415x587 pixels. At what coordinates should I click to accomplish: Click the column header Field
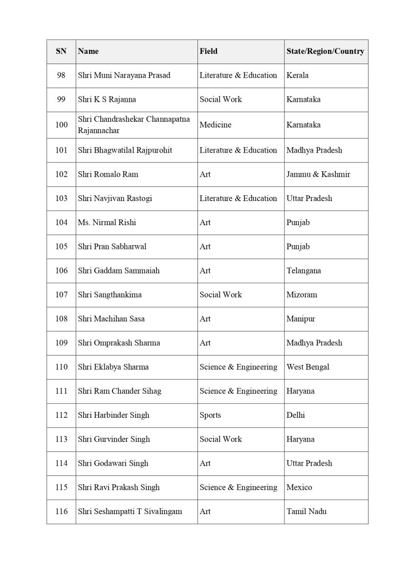point(209,51)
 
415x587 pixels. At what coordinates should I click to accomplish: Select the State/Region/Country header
point(325,51)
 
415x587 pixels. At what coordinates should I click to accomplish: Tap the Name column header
point(88,51)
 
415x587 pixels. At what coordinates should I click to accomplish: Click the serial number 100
point(62,125)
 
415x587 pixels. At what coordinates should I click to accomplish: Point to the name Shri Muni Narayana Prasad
point(124,75)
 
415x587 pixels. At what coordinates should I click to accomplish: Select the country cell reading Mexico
point(299,487)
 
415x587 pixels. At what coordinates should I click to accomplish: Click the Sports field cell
point(210,415)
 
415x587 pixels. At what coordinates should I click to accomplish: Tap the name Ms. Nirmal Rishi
point(107,222)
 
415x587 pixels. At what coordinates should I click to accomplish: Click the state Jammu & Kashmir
point(318,174)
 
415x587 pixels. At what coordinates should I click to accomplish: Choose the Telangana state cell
point(304,271)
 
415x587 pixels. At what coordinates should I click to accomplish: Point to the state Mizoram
point(302,294)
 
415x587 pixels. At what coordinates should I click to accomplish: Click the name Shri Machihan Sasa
point(111,318)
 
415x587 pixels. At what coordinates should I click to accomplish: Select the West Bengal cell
point(308,367)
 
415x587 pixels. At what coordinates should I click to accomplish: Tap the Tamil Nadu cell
point(306,511)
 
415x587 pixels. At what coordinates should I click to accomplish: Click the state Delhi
point(296,415)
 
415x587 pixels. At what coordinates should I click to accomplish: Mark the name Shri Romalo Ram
point(108,174)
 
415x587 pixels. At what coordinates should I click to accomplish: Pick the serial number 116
point(62,511)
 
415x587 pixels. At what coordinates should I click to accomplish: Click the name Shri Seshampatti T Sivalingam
point(130,511)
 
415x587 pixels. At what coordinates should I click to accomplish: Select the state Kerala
point(297,75)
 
